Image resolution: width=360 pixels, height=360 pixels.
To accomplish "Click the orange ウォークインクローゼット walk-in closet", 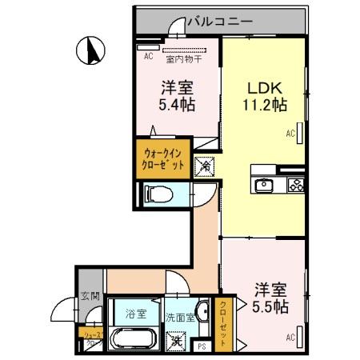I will [x=164, y=157].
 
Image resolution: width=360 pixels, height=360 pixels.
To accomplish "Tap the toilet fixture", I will [x=158, y=194].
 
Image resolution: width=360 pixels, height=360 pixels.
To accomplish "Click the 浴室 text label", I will [x=135, y=314].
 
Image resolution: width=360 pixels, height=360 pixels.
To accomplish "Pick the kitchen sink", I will [x=265, y=186].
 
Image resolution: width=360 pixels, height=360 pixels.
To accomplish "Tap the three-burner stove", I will [x=294, y=186].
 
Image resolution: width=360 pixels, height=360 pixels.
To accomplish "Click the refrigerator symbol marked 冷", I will [x=205, y=166].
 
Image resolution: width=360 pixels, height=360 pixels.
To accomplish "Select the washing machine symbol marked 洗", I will [x=175, y=342].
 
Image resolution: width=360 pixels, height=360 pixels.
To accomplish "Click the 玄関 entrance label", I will [x=90, y=296].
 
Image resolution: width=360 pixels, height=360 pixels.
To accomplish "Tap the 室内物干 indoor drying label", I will [x=184, y=58].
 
